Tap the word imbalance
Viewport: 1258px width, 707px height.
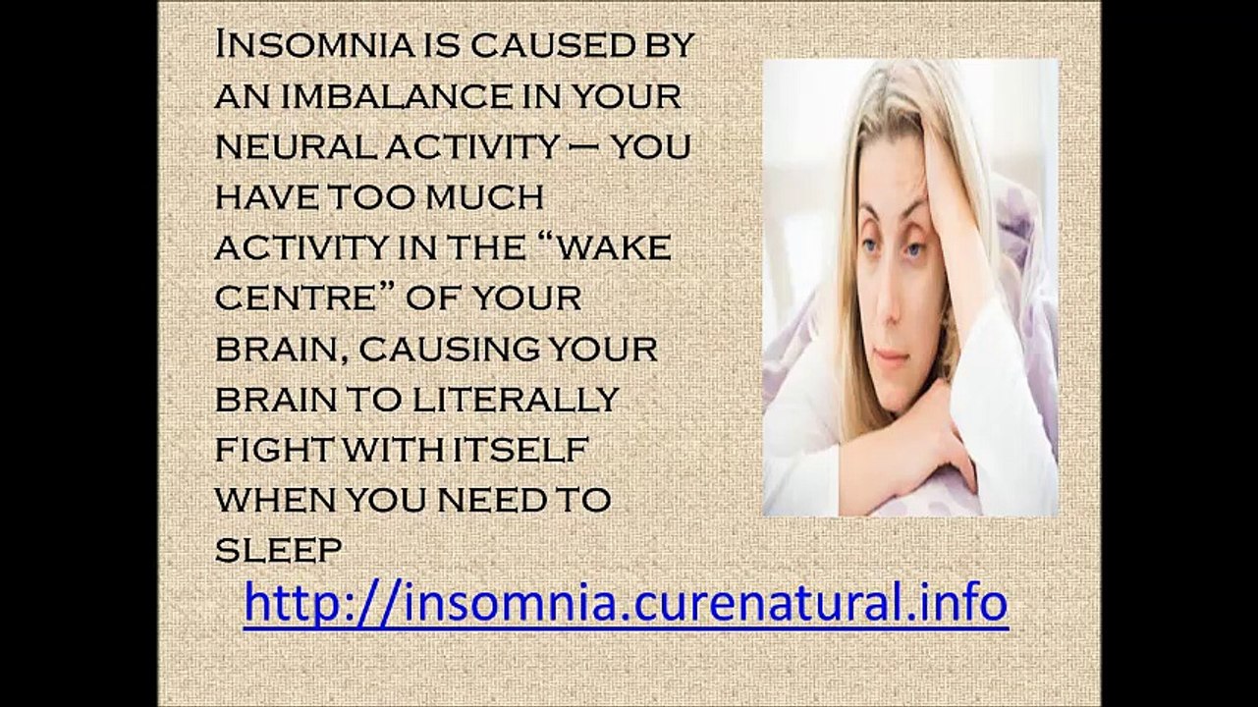378,95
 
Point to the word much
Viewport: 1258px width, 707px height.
485,197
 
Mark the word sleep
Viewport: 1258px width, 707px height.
278,551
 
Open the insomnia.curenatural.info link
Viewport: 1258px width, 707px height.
626,602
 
